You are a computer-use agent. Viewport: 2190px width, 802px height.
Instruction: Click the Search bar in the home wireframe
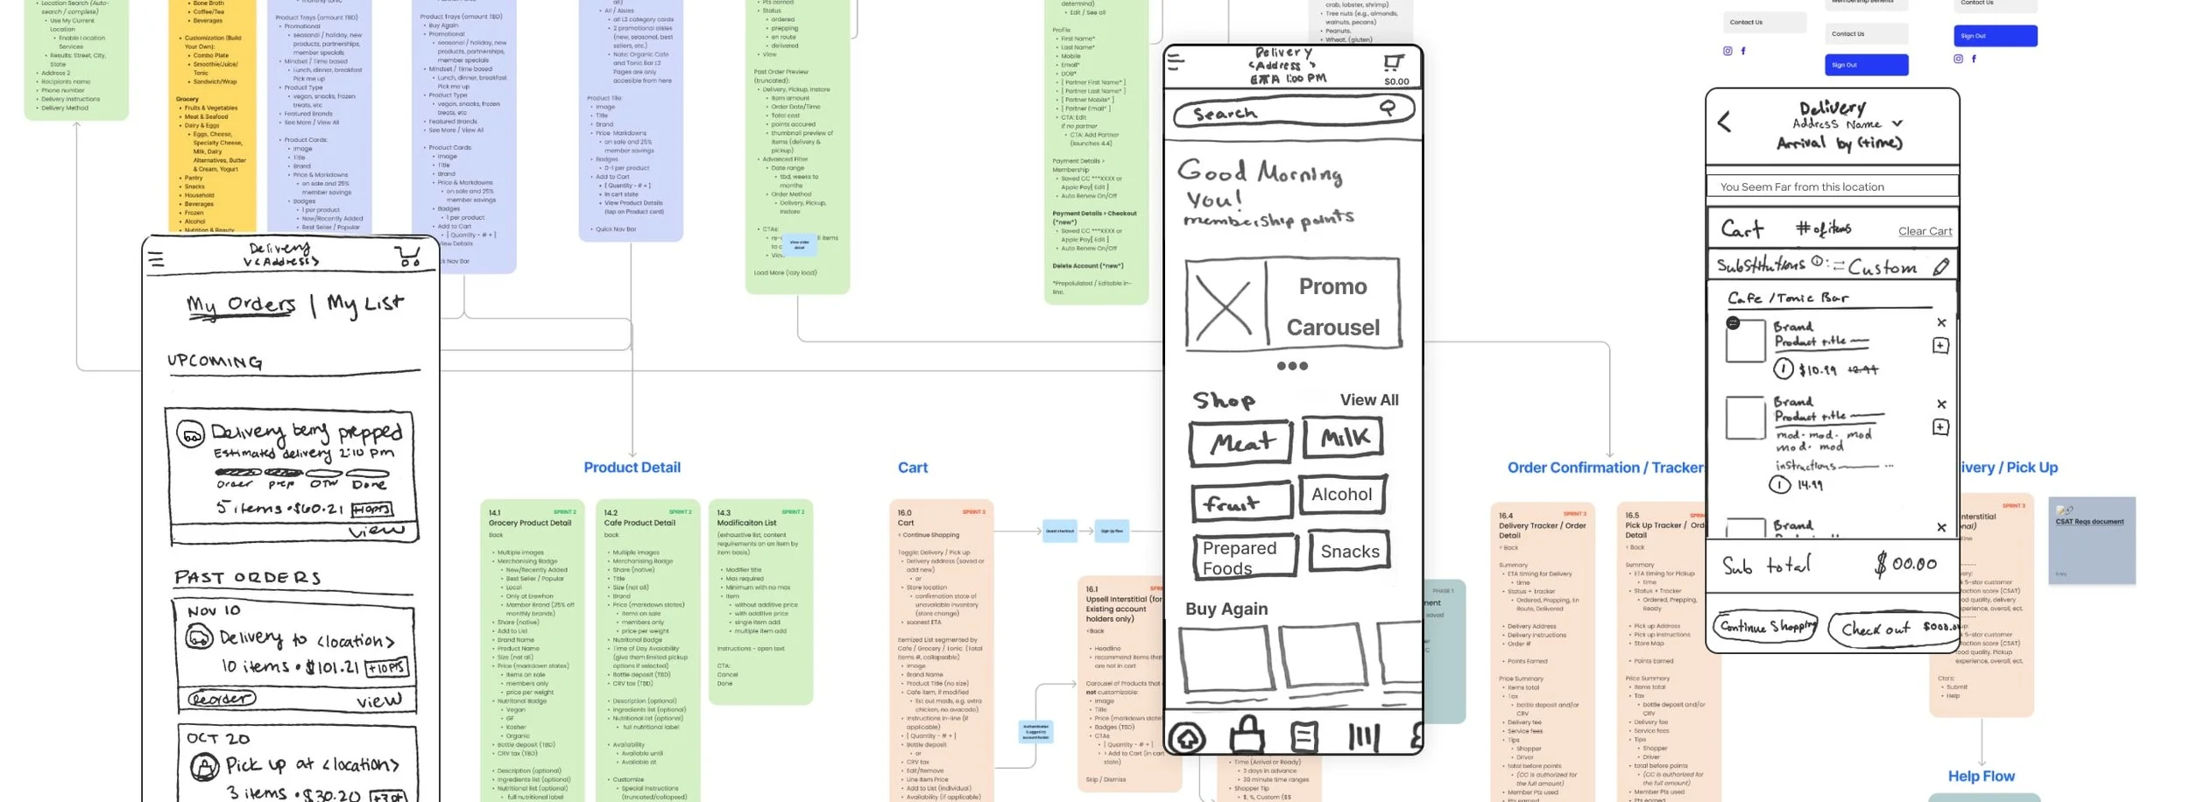tap(1292, 112)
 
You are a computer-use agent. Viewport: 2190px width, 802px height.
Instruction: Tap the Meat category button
tap(1240, 443)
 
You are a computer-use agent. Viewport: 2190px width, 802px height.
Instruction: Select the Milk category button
tap(1343, 438)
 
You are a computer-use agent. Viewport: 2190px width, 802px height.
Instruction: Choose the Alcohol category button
tap(1342, 495)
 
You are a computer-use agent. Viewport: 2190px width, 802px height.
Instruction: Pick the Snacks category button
tap(1349, 552)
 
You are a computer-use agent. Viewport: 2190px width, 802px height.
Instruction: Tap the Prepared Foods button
tap(1244, 557)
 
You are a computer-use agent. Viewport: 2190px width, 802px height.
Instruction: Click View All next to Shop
tap(1368, 400)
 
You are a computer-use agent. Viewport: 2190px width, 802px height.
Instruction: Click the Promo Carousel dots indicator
tap(1292, 366)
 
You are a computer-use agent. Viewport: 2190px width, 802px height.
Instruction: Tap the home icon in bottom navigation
tap(1188, 738)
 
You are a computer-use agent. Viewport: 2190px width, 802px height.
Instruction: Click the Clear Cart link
tap(1925, 231)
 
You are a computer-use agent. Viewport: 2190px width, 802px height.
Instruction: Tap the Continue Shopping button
tap(1764, 627)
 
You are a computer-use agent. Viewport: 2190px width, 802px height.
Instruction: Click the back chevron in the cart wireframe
tap(1724, 122)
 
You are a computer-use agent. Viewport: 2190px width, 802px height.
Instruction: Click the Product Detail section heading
tap(632, 468)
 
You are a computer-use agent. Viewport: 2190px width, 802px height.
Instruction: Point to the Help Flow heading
tap(1981, 776)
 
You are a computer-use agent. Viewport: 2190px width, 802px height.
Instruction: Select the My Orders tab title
tap(241, 305)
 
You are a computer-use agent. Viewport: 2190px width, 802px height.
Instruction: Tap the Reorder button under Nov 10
tap(221, 699)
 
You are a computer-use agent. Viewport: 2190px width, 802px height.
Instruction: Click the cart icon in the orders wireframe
tap(407, 256)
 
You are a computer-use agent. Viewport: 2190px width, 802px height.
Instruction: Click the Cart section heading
tap(912, 468)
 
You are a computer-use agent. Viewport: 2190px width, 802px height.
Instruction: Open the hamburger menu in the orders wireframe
tap(156, 259)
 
